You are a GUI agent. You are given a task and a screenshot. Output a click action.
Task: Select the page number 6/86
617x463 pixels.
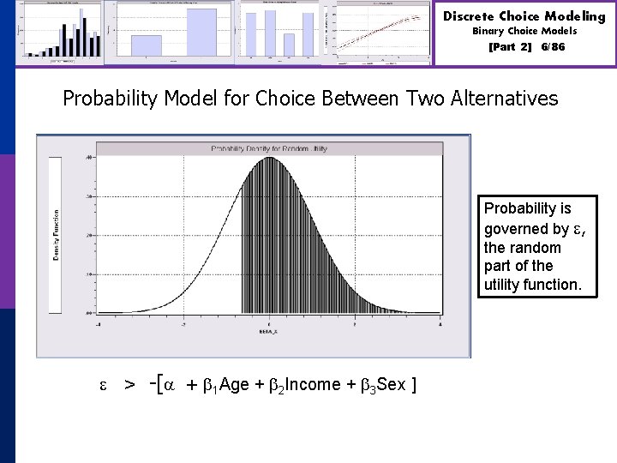click(553, 46)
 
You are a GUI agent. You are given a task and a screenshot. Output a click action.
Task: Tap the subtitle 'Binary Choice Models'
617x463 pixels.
click(524, 31)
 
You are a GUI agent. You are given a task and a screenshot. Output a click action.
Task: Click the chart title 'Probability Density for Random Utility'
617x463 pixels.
click(269, 149)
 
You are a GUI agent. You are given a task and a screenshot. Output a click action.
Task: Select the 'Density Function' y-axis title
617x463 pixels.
click(57, 235)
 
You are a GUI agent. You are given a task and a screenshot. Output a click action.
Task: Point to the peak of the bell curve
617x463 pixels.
click(269, 158)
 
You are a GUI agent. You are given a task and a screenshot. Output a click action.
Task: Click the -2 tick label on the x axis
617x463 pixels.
click(183, 323)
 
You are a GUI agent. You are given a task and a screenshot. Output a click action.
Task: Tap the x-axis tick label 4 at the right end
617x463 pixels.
click(440, 323)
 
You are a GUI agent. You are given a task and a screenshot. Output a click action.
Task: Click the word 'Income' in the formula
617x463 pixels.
click(313, 384)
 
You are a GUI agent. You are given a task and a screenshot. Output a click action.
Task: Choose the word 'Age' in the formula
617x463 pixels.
click(234, 384)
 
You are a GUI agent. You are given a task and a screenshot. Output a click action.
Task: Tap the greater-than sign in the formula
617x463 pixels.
click(129, 385)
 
